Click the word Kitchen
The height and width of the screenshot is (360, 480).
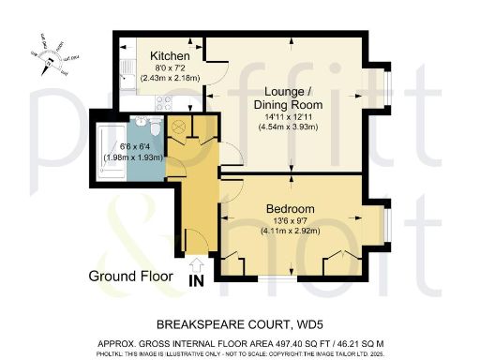point(170,56)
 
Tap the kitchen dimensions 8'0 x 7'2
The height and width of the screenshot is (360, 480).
point(170,68)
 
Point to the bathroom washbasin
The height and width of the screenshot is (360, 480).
point(138,122)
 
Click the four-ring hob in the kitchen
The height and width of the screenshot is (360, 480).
point(160,100)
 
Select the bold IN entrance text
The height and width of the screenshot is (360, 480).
point(196,279)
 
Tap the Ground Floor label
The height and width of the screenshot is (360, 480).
point(131,277)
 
